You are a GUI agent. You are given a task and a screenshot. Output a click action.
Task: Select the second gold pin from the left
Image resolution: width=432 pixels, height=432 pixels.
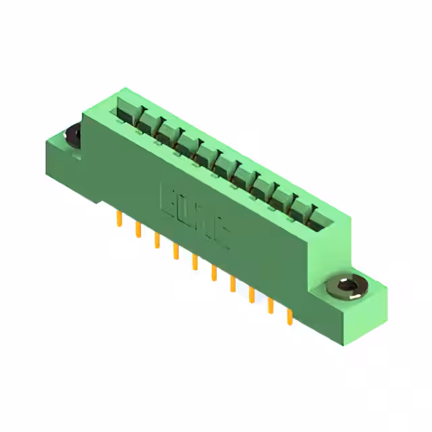pos(138,230)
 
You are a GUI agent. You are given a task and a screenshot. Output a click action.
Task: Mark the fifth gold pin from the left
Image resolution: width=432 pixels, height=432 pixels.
pos(195,262)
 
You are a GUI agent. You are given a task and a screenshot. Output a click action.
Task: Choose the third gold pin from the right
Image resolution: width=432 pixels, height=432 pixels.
pos(252,295)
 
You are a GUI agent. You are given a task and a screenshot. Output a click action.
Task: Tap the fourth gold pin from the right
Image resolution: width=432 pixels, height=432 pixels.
pos(234,284)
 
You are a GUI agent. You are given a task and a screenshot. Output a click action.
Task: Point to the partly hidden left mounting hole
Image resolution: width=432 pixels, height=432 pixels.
pos(73,134)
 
